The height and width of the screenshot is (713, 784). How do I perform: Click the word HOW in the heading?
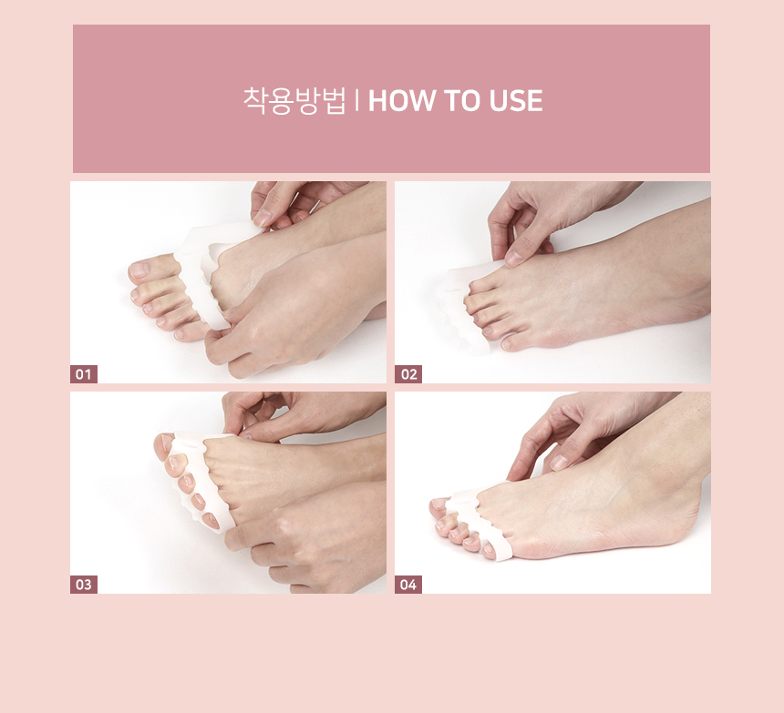(x=401, y=100)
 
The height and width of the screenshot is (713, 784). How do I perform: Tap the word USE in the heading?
(x=515, y=100)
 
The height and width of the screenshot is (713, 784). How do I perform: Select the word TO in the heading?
(x=462, y=100)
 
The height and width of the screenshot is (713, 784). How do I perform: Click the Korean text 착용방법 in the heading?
(x=294, y=100)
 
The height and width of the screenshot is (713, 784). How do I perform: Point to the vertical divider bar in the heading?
(x=356, y=100)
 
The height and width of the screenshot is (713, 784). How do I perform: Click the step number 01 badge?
(x=84, y=374)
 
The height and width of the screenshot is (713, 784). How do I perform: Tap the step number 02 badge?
(x=408, y=374)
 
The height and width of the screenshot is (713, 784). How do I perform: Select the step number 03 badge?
(x=84, y=585)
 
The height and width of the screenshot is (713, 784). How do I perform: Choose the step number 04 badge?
(x=408, y=585)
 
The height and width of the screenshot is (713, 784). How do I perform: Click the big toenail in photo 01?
(x=139, y=270)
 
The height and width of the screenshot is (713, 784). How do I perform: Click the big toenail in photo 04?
(x=437, y=504)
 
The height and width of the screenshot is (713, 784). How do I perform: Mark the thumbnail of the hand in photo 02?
(x=514, y=258)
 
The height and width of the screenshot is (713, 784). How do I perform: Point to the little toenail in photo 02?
(x=506, y=344)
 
